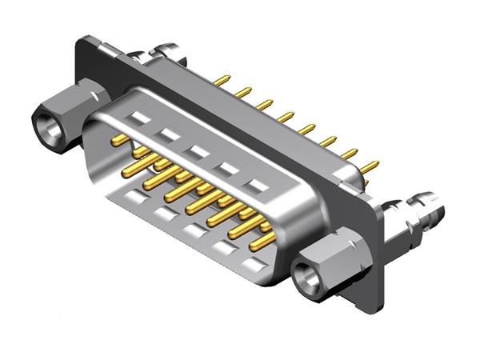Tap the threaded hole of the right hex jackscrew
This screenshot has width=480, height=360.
pyautogui.click(x=306, y=276)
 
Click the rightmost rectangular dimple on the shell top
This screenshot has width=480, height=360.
pyautogui.click(x=256, y=186)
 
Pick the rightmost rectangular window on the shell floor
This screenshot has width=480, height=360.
pyautogui.click(x=254, y=263)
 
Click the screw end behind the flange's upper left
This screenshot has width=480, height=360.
pyautogui.click(x=170, y=50)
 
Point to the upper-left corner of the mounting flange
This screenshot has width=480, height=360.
pyautogui.click(x=80, y=42)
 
